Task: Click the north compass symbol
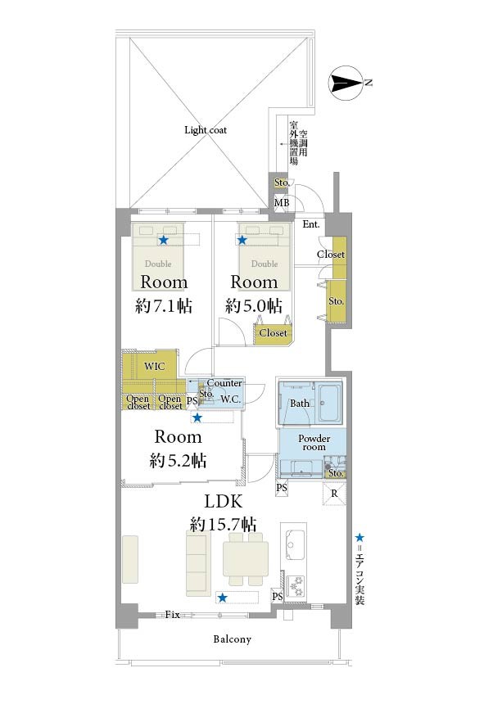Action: (x=346, y=83)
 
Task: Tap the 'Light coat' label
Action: (x=206, y=130)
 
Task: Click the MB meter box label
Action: (x=282, y=203)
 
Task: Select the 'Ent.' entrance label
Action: (x=311, y=224)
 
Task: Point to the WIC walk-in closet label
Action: (x=154, y=367)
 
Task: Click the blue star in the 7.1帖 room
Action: (x=164, y=240)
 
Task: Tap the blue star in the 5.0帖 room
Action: (x=242, y=240)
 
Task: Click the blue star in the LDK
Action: (x=222, y=598)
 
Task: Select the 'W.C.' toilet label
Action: (x=230, y=399)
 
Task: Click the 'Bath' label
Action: (x=300, y=404)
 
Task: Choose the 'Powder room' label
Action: (x=314, y=442)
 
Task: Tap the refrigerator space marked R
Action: (x=334, y=494)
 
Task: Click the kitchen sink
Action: (x=295, y=545)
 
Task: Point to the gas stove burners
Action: (x=296, y=585)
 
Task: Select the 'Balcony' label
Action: (x=232, y=639)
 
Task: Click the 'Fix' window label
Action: (x=173, y=615)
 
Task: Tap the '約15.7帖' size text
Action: (x=223, y=524)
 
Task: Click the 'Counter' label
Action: (x=224, y=383)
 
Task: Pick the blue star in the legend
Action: (x=360, y=538)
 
